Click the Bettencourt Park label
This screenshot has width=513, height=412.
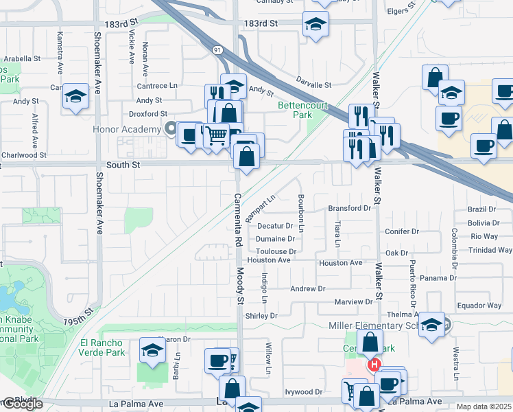[x=303, y=111]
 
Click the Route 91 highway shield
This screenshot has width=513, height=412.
[x=217, y=50]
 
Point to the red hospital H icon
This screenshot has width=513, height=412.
[x=374, y=365]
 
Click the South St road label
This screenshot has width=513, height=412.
[x=123, y=165]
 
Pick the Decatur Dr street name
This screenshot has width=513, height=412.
[x=275, y=225]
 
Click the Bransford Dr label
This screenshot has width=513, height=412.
[x=349, y=208]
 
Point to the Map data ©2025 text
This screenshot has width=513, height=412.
[x=484, y=407]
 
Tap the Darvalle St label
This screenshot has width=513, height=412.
[x=314, y=85]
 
